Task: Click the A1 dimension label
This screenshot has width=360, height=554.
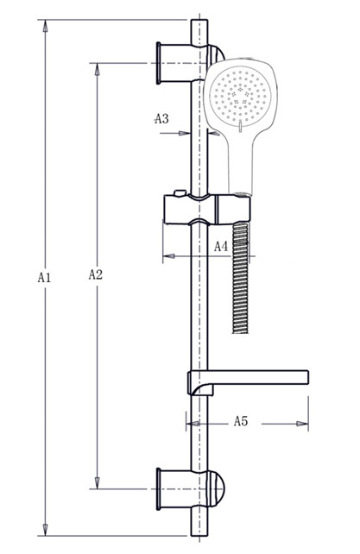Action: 44,277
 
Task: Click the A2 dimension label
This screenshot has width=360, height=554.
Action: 96,274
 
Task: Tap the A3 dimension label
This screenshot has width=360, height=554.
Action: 161,119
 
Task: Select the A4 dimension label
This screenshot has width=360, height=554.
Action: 221,246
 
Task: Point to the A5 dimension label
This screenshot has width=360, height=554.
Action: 241,421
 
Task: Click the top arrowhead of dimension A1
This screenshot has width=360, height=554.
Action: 45,26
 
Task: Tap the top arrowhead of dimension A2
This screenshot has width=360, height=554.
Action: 98,69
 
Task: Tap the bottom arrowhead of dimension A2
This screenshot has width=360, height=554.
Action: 98,482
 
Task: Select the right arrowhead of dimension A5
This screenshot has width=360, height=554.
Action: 302,424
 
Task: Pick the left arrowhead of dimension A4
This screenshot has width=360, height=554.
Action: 168,255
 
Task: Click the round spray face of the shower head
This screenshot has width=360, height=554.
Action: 240,95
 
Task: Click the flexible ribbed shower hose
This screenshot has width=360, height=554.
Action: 240,278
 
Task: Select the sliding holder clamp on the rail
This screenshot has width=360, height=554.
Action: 207,209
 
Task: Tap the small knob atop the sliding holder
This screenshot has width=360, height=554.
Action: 180,193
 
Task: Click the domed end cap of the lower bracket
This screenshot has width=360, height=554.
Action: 216,489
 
